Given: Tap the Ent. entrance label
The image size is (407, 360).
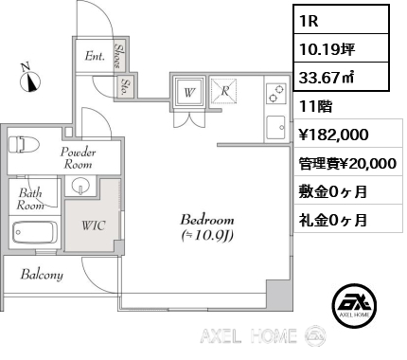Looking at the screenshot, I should [95, 56].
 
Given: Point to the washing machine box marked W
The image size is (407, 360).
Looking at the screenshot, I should [189, 92].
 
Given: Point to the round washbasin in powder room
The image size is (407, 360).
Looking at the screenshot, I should [81, 185].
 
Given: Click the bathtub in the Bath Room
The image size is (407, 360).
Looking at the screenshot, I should [37, 232].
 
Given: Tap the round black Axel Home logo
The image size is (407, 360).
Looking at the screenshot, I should [358, 306].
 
